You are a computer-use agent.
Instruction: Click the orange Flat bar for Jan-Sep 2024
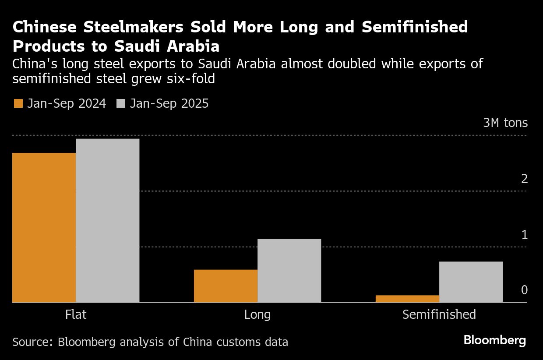click(44, 227)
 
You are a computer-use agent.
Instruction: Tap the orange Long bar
click(226, 286)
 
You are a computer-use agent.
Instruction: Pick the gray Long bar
click(289, 270)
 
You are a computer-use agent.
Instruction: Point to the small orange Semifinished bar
click(407, 299)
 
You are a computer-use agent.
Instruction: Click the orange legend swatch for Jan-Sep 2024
click(18, 104)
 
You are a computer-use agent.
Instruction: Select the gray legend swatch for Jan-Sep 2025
click(121, 104)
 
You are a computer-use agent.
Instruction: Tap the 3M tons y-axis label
click(505, 123)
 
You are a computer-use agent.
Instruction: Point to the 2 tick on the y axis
click(524, 179)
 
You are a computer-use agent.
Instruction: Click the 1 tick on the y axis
click(524, 235)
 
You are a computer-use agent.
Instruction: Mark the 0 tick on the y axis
click(524, 290)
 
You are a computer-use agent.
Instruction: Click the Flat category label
click(76, 314)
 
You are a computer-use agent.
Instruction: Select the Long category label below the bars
click(257, 314)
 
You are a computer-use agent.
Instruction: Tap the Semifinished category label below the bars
click(439, 314)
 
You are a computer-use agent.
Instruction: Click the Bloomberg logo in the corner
click(494, 340)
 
